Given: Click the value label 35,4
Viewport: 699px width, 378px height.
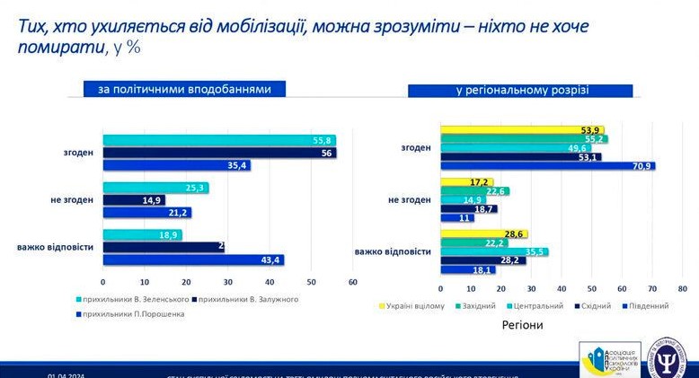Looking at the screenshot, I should [x=238, y=165].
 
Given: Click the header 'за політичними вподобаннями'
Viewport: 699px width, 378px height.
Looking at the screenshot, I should [x=184, y=88].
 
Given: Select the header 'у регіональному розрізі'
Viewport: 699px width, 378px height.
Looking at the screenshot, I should [x=521, y=90].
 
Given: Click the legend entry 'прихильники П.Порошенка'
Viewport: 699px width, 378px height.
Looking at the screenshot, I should [x=135, y=313].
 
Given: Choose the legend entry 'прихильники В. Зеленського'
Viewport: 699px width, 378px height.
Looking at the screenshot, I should [x=135, y=299].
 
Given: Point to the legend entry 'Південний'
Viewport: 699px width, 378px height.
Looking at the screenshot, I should [x=643, y=306].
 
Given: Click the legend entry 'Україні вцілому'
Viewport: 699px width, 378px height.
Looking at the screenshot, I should [x=418, y=306].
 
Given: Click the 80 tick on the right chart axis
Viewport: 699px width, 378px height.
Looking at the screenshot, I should [x=682, y=289].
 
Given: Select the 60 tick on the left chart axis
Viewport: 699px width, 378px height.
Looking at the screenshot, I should [x=352, y=282].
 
